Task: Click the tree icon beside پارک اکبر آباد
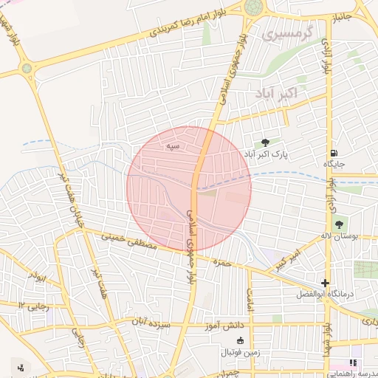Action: tap(265, 143)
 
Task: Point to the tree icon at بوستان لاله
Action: tap(339, 224)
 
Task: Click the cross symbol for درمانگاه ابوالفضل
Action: tap(326, 283)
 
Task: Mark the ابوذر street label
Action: tap(38, 278)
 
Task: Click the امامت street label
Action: tap(250, 298)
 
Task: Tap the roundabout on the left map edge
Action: tap(27, 68)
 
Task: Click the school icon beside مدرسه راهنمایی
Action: tap(353, 363)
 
